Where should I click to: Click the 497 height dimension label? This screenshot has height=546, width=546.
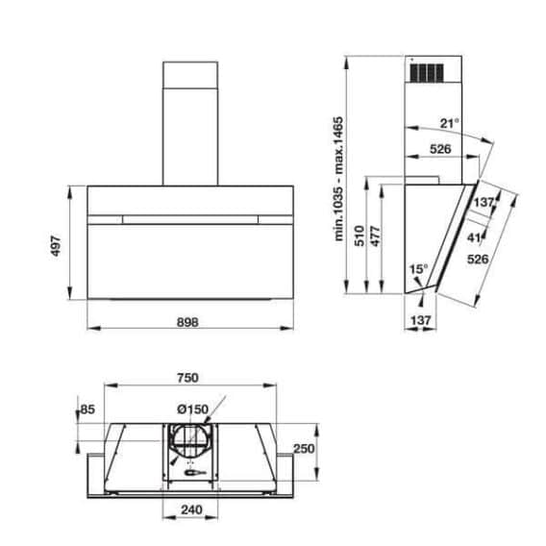(56, 244)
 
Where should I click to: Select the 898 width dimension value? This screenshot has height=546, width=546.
(188, 322)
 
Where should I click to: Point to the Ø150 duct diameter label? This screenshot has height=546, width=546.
(191, 409)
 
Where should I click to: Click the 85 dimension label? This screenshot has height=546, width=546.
(88, 410)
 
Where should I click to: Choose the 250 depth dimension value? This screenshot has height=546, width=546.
(304, 448)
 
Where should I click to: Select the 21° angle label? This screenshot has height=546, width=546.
(449, 123)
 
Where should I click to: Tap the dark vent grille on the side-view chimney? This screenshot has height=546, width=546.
(426, 72)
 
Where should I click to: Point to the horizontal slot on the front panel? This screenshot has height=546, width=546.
(189, 219)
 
